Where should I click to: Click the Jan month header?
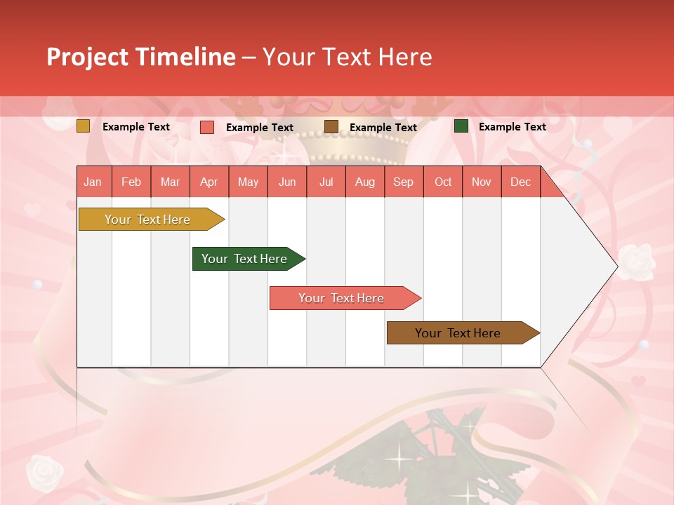93,182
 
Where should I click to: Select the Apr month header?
209,182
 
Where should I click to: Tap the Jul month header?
326,182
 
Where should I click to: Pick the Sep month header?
404,182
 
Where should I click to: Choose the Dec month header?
520,182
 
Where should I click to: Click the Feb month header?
131,182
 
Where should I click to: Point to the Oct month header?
443,182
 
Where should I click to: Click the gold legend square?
83,126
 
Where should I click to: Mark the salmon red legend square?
207,127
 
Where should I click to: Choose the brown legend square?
331,127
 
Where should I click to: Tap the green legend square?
461,126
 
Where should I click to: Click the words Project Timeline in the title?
141,57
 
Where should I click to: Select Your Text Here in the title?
347,57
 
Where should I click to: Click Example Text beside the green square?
512,127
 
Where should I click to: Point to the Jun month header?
287,182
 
